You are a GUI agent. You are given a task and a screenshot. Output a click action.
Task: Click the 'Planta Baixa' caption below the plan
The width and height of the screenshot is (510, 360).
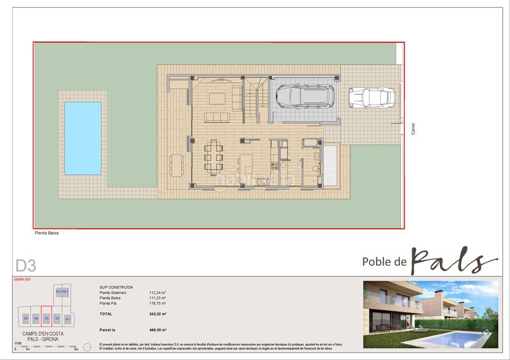(48, 233)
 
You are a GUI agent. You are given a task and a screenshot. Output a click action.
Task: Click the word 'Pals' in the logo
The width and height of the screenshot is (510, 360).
(453, 260)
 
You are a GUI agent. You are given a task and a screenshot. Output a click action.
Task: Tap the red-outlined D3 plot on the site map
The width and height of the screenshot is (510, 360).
(47, 317)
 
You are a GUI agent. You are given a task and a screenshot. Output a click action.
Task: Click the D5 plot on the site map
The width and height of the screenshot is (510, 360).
(26, 317)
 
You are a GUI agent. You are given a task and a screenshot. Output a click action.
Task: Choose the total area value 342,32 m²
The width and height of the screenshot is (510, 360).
(157, 315)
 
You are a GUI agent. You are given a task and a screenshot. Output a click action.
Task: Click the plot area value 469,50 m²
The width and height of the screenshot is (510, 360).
(157, 330)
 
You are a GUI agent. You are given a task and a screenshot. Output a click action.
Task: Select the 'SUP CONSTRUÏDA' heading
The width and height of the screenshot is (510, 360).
(117, 287)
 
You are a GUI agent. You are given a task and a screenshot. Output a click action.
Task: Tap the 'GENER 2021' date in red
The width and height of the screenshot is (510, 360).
(22, 280)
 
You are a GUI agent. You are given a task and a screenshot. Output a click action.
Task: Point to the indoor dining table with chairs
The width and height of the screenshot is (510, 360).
(214, 156)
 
